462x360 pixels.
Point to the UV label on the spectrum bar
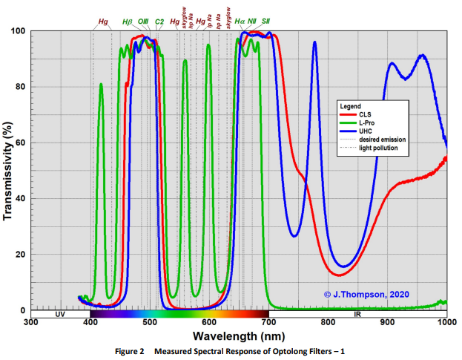pyautogui.click(x=60, y=315)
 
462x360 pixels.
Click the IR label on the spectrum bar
pyautogui.click(x=357, y=315)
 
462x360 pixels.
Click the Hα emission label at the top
pyautogui.click(x=240, y=22)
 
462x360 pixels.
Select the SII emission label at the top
pyautogui.click(x=265, y=22)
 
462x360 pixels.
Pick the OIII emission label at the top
pyautogui.click(x=143, y=22)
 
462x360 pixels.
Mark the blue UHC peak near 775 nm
pyautogui.click(x=314, y=42)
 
